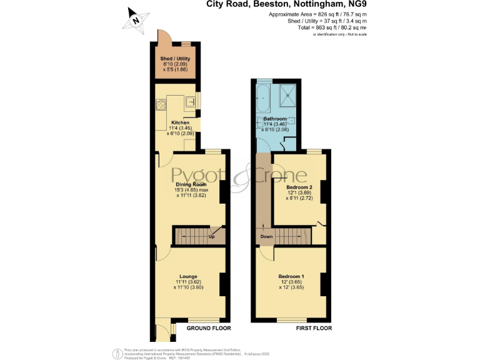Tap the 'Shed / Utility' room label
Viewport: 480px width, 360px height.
tap(175, 58)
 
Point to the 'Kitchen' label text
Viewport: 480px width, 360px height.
tap(174, 122)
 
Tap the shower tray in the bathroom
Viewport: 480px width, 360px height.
tap(287, 94)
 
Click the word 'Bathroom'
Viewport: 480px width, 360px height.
tap(275, 119)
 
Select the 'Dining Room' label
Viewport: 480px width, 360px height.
tap(191, 185)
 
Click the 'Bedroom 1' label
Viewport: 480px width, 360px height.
tap(291, 276)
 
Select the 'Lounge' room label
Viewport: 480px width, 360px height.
tap(188, 276)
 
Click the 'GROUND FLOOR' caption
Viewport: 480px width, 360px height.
tap(209, 328)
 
